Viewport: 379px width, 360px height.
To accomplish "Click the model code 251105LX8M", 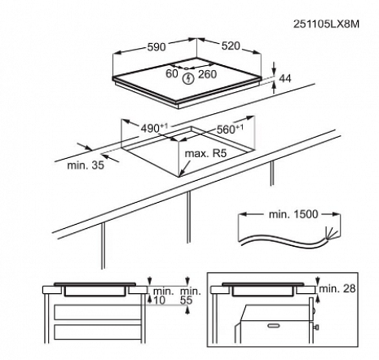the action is click(x=326, y=24).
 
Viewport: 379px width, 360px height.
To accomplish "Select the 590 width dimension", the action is click(x=156, y=47).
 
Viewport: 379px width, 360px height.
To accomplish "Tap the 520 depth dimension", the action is click(x=231, y=46).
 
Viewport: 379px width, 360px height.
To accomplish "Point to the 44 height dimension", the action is click(x=285, y=78).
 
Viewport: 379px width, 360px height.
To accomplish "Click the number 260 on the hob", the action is click(x=207, y=74).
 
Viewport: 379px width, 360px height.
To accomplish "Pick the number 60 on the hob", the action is click(x=172, y=73).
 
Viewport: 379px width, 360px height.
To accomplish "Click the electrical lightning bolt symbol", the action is click(x=188, y=78).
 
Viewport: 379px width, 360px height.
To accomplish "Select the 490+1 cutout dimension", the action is click(x=154, y=128).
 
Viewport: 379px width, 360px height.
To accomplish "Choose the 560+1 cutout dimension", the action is click(x=230, y=129).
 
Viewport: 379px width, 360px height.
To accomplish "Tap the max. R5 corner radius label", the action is click(x=205, y=153).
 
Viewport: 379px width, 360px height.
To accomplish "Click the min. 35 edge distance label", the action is click(x=86, y=165).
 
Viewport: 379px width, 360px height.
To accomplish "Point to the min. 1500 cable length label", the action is click(x=293, y=214).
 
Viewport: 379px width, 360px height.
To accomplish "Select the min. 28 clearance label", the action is click(x=337, y=288).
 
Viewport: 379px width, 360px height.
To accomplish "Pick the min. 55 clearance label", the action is click(x=191, y=296).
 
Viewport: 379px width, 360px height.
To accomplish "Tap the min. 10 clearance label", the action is click(x=163, y=296).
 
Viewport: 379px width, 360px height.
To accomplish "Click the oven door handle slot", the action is click(x=274, y=325).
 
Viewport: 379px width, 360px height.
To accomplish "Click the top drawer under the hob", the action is click(x=97, y=312).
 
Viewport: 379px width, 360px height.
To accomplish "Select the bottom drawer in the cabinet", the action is click(x=97, y=331).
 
